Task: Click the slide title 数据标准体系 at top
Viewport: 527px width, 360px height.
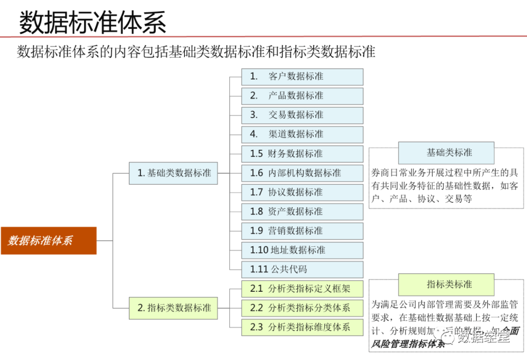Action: [x=92, y=22]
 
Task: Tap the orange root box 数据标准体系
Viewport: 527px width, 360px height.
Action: [x=48, y=240]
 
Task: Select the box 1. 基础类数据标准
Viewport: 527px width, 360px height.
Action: [x=173, y=173]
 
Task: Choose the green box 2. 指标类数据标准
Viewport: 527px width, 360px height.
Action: [x=173, y=308]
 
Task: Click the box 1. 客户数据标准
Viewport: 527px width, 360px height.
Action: [x=302, y=77]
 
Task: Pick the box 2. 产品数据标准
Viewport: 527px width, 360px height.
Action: [x=302, y=96]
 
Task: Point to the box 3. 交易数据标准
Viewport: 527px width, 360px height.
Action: [x=302, y=115]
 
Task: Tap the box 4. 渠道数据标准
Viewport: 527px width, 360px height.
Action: [x=302, y=134]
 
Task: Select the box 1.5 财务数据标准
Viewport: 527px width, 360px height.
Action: [x=302, y=154]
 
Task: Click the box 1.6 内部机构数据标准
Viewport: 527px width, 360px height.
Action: [x=302, y=173]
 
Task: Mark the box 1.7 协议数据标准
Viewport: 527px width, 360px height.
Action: [x=302, y=192]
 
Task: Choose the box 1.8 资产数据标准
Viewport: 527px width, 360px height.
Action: [x=302, y=211]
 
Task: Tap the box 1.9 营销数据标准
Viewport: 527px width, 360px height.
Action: [x=302, y=231]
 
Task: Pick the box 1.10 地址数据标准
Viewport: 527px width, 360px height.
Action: [x=302, y=250]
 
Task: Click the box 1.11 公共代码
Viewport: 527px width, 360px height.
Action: [x=302, y=269]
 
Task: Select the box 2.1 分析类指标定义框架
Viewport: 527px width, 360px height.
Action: [x=302, y=288]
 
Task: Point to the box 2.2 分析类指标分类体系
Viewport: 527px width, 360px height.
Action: [x=302, y=308]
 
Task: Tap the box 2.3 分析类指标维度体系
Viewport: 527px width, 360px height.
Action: [x=302, y=327]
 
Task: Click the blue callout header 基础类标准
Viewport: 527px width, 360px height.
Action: [x=446, y=153]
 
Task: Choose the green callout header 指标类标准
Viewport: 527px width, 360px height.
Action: [x=446, y=284]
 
